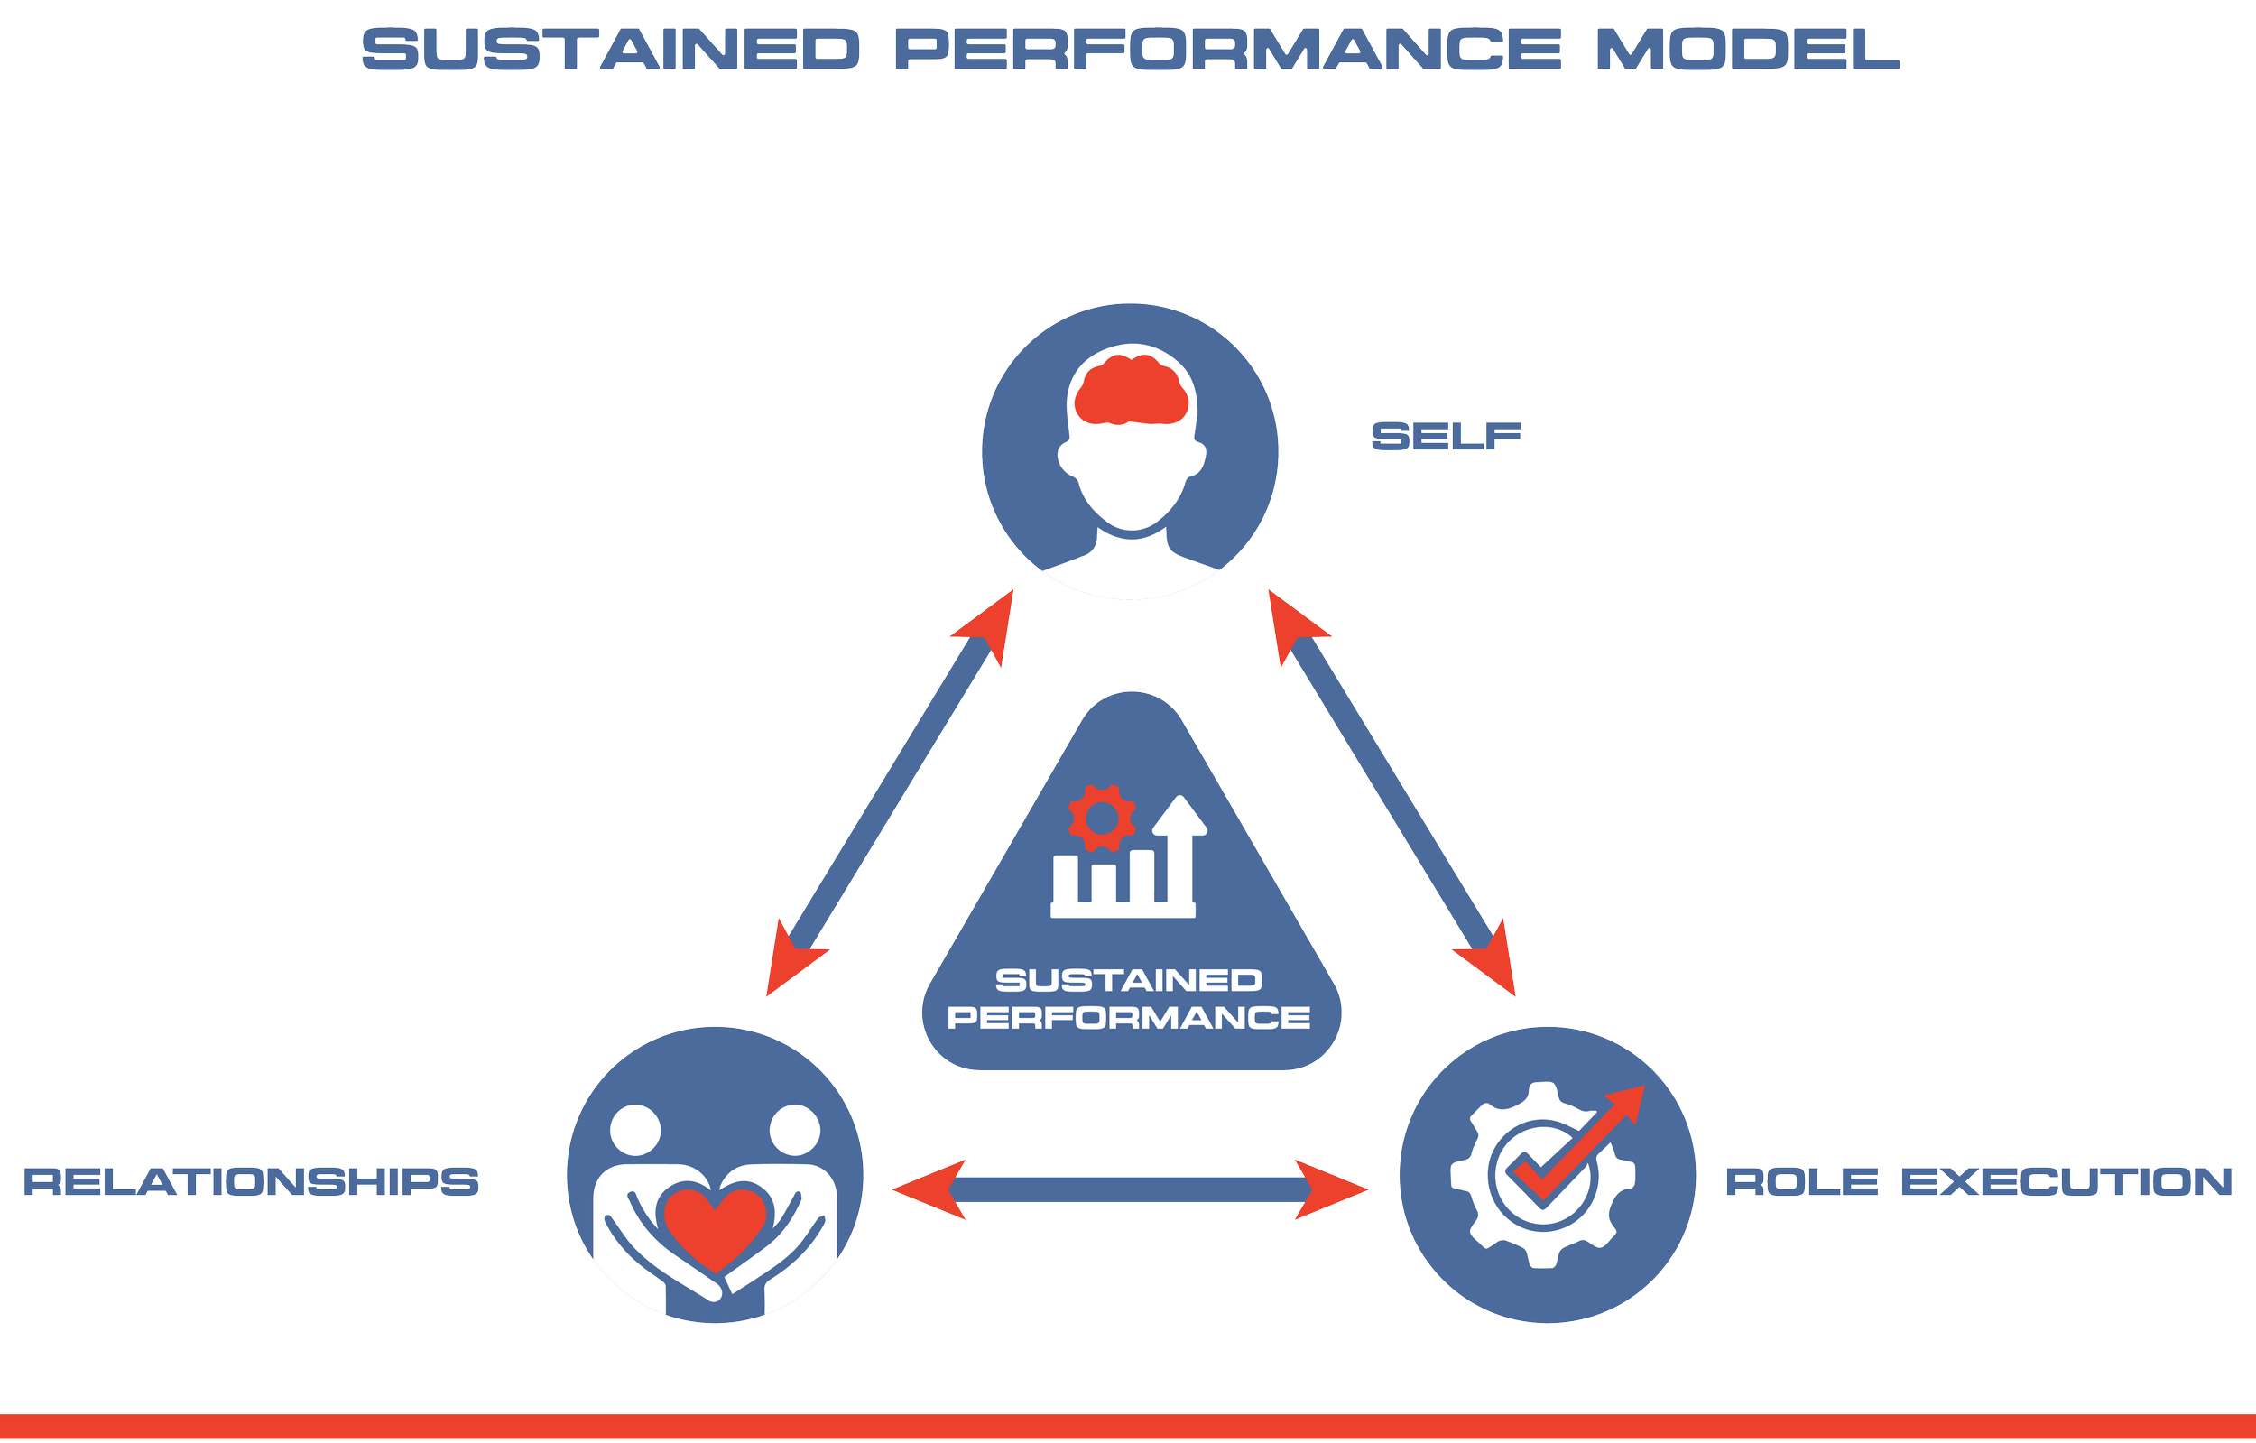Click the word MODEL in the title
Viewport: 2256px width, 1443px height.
point(1747,49)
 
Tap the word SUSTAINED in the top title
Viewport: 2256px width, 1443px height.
point(610,49)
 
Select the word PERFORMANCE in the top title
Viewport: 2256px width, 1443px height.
point(1227,49)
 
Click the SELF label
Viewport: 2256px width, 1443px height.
point(1446,436)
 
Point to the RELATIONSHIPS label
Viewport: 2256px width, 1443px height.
point(251,1181)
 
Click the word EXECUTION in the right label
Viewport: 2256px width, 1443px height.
point(2066,1181)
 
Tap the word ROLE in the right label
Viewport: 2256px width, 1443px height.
point(1801,1181)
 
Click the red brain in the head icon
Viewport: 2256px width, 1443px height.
point(1131,392)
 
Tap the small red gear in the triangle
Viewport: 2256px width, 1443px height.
point(1102,818)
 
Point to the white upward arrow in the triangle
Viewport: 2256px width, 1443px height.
point(1179,843)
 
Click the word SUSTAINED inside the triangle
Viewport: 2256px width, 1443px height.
point(1128,980)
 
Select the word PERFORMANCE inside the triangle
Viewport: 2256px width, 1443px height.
point(1128,1018)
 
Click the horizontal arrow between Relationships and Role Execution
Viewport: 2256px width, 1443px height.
point(1130,1189)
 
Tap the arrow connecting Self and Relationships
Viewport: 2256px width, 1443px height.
point(890,792)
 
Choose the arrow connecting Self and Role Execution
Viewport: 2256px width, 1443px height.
point(1392,792)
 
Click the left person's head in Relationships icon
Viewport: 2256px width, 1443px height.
point(635,1130)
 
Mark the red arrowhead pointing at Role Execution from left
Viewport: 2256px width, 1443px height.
point(1335,1189)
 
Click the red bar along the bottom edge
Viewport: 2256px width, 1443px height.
point(1128,1427)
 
